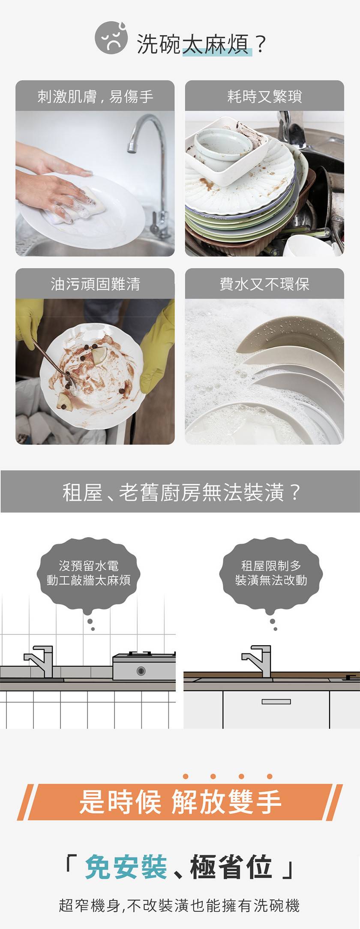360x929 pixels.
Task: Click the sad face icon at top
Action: (x=111, y=38)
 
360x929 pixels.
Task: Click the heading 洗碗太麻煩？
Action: (x=202, y=44)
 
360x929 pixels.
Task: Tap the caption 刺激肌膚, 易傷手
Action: (x=95, y=96)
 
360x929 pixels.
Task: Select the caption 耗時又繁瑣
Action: (x=264, y=96)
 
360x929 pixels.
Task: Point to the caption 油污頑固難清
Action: (x=95, y=284)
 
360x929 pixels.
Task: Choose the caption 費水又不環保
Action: (x=264, y=284)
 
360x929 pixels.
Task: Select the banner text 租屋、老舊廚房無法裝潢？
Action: (x=182, y=492)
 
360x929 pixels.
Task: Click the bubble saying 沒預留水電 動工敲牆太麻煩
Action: (x=89, y=573)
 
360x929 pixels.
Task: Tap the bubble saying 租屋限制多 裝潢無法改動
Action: (x=271, y=573)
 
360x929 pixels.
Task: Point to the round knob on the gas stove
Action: (x=141, y=671)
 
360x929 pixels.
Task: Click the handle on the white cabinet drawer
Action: (x=276, y=702)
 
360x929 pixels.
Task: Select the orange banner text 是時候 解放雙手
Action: (x=180, y=801)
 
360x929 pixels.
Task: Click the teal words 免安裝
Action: (x=126, y=866)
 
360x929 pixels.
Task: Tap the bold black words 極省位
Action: (x=231, y=866)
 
